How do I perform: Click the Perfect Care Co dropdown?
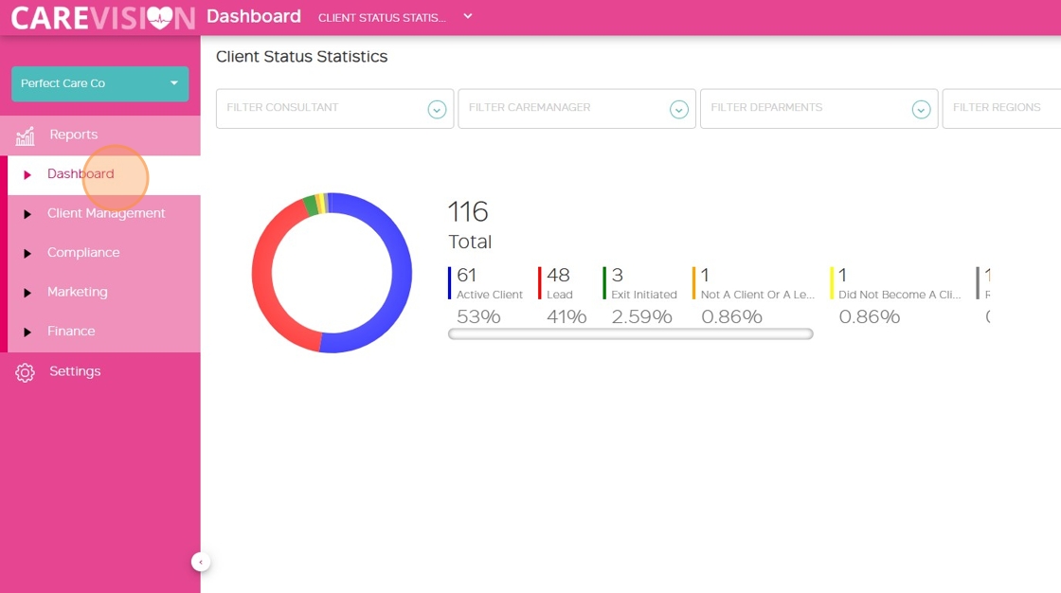(x=99, y=83)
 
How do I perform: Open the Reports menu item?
(x=73, y=135)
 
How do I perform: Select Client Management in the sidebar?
(x=106, y=213)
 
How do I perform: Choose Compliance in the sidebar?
(x=83, y=253)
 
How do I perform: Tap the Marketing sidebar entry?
(x=77, y=292)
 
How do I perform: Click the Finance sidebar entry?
(x=71, y=332)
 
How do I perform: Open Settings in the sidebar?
(x=75, y=371)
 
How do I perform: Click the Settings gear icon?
(x=26, y=372)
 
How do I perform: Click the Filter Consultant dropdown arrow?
(x=437, y=110)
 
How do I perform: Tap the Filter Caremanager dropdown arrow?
(x=679, y=110)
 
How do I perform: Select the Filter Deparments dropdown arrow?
(x=921, y=110)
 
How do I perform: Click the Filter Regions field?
(x=999, y=108)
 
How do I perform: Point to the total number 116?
(x=468, y=211)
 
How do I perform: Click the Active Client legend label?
(x=489, y=295)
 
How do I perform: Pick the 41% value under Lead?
(x=566, y=316)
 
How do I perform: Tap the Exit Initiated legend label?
(x=644, y=295)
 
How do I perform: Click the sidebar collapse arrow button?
(x=201, y=562)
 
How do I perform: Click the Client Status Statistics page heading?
(x=301, y=57)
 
